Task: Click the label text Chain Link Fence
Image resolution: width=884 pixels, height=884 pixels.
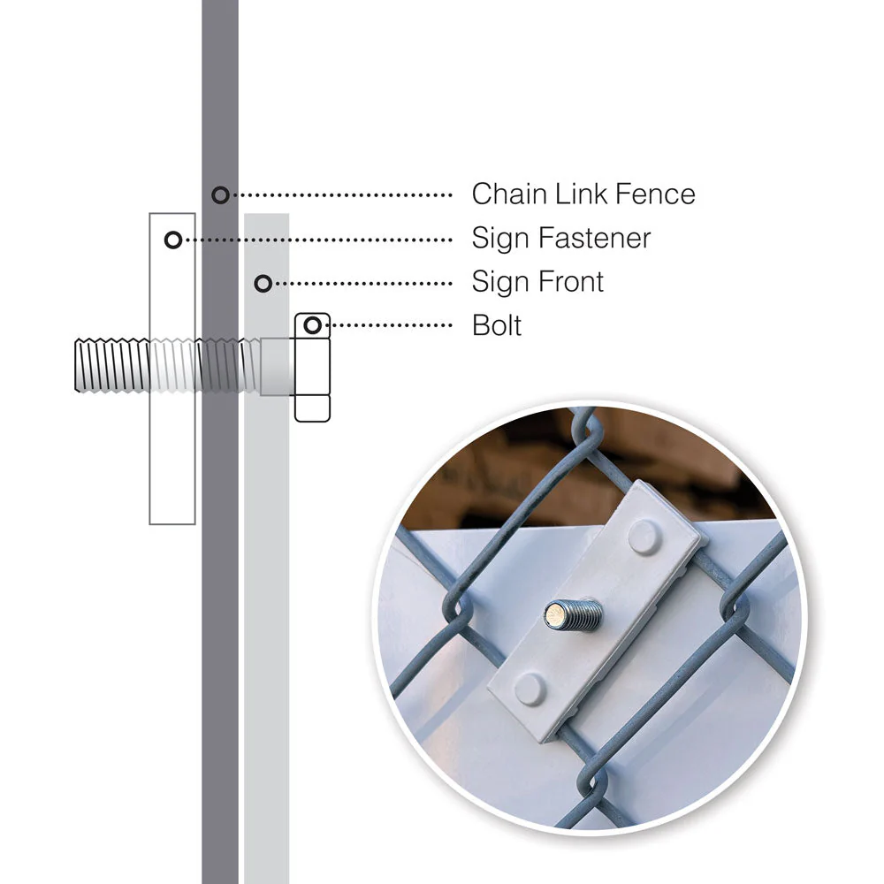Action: [583, 194]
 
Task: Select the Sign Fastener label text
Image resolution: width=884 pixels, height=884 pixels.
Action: [561, 238]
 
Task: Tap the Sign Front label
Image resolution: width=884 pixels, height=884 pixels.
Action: [537, 282]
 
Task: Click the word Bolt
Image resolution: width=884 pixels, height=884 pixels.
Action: [497, 325]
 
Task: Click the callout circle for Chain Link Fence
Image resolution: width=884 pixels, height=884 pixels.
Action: [220, 194]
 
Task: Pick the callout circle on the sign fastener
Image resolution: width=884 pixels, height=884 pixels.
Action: [173, 239]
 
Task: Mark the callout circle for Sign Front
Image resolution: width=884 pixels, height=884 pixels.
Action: [263, 283]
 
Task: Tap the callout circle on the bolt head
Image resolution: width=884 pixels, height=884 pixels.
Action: [311, 325]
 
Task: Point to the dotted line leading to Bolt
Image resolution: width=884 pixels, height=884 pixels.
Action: [389, 325]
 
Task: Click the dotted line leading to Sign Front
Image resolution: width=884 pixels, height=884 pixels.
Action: [362, 283]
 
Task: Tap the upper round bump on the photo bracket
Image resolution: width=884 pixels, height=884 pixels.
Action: [644, 537]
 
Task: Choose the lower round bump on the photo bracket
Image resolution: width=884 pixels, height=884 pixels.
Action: [530, 687]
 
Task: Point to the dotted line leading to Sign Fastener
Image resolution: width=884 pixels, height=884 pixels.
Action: [318, 239]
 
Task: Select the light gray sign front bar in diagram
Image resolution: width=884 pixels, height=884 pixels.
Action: [267, 619]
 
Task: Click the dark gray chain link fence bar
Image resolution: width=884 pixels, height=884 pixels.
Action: [220, 619]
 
